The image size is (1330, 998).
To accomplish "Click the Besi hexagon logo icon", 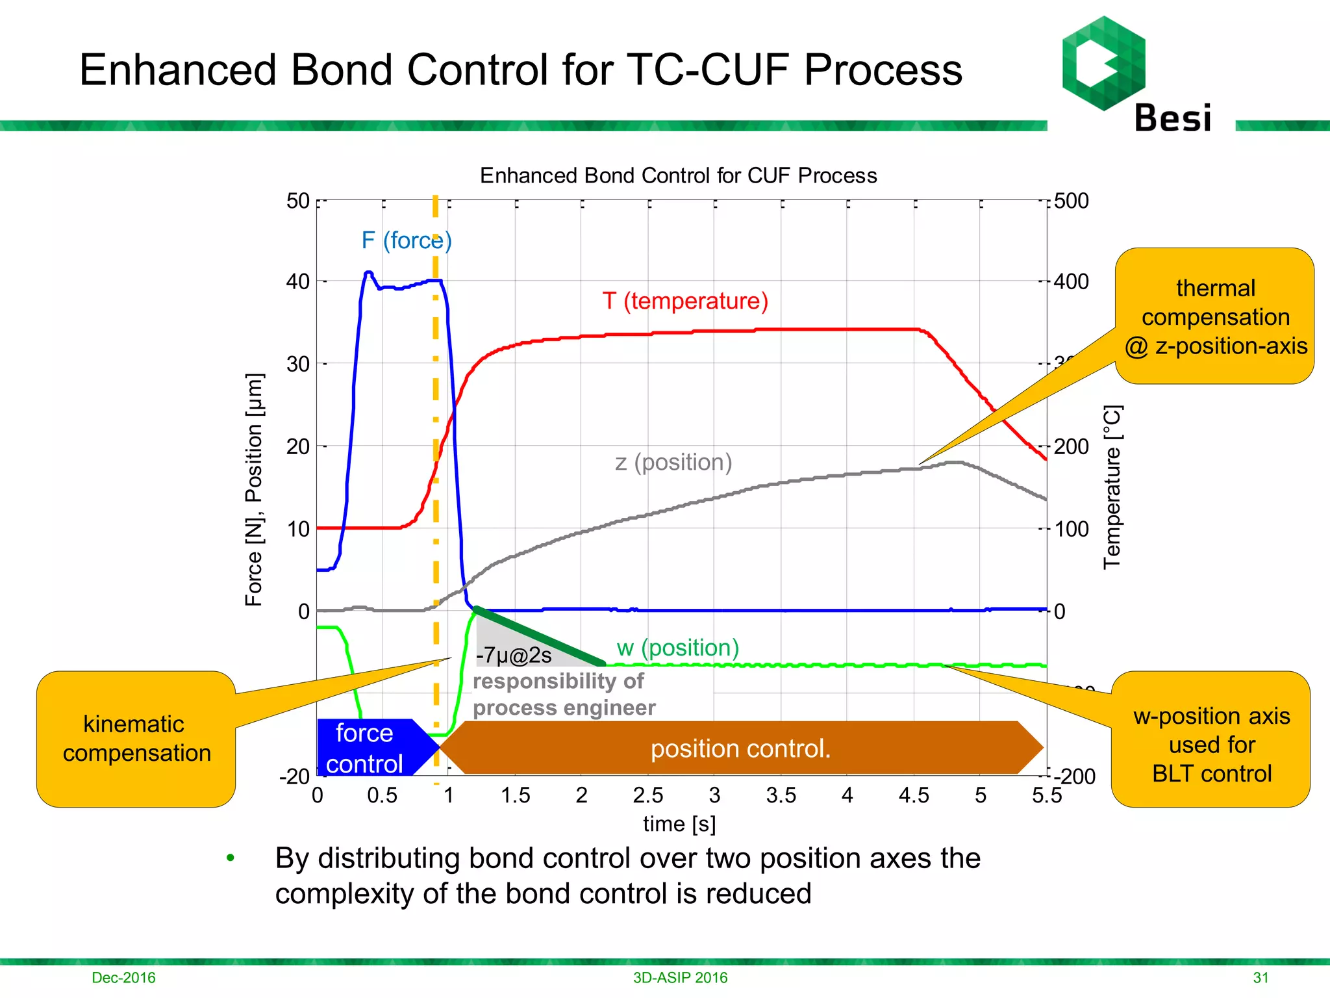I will click(x=1103, y=63).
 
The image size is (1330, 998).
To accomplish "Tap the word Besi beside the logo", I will click(x=1172, y=119).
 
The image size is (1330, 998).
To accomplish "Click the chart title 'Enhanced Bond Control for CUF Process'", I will click(x=678, y=175).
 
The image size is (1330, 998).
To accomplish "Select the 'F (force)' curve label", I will click(x=406, y=240).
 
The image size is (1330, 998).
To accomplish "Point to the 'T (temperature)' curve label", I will click(x=685, y=301).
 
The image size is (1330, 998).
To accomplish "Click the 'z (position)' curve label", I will click(x=673, y=462).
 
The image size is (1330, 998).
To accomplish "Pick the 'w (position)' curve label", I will click(x=677, y=647).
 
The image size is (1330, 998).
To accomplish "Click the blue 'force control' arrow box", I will click(x=367, y=748).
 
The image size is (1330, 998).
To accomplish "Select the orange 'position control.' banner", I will click(x=740, y=748).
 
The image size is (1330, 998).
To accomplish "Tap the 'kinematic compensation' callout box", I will click(x=136, y=739).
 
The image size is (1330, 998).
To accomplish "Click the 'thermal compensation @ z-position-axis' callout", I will click(x=1215, y=316).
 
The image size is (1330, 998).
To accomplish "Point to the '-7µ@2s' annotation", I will click(x=514, y=656).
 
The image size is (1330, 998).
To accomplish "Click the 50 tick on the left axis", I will click(x=298, y=201).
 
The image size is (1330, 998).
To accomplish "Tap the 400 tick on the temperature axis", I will click(x=1071, y=281).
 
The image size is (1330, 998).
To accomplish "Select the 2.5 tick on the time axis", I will click(x=648, y=795).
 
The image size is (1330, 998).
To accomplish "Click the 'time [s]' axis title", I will click(x=679, y=824).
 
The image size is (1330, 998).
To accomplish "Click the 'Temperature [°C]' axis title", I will click(x=1112, y=487).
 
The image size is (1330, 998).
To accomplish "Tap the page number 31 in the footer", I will click(x=1261, y=977).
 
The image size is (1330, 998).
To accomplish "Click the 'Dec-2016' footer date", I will click(x=123, y=977).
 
